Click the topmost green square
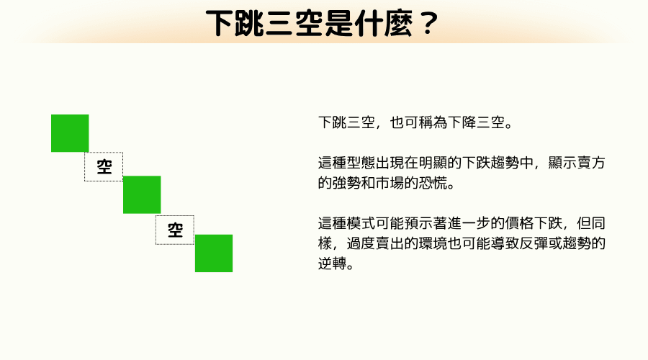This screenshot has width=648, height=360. [x=70, y=133]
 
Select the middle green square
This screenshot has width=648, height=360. [x=142, y=194]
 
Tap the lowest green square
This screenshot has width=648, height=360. [x=214, y=253]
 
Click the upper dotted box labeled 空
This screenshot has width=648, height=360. [x=104, y=167]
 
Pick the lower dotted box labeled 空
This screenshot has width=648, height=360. [x=175, y=230]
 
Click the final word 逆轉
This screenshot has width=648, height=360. [x=331, y=264]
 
